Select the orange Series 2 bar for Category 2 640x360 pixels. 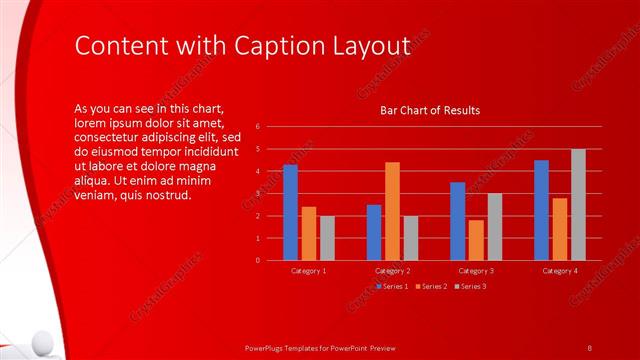392,211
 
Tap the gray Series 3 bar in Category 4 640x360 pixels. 578,204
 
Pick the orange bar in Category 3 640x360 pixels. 476,240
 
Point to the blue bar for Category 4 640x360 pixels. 541,210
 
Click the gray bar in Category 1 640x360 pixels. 327,238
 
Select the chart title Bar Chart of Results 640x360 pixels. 430,110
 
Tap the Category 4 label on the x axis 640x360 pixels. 560,270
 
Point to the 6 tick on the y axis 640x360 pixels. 258,127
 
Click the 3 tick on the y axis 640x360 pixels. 258,193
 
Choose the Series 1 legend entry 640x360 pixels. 390,287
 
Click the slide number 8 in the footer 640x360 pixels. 589,347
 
